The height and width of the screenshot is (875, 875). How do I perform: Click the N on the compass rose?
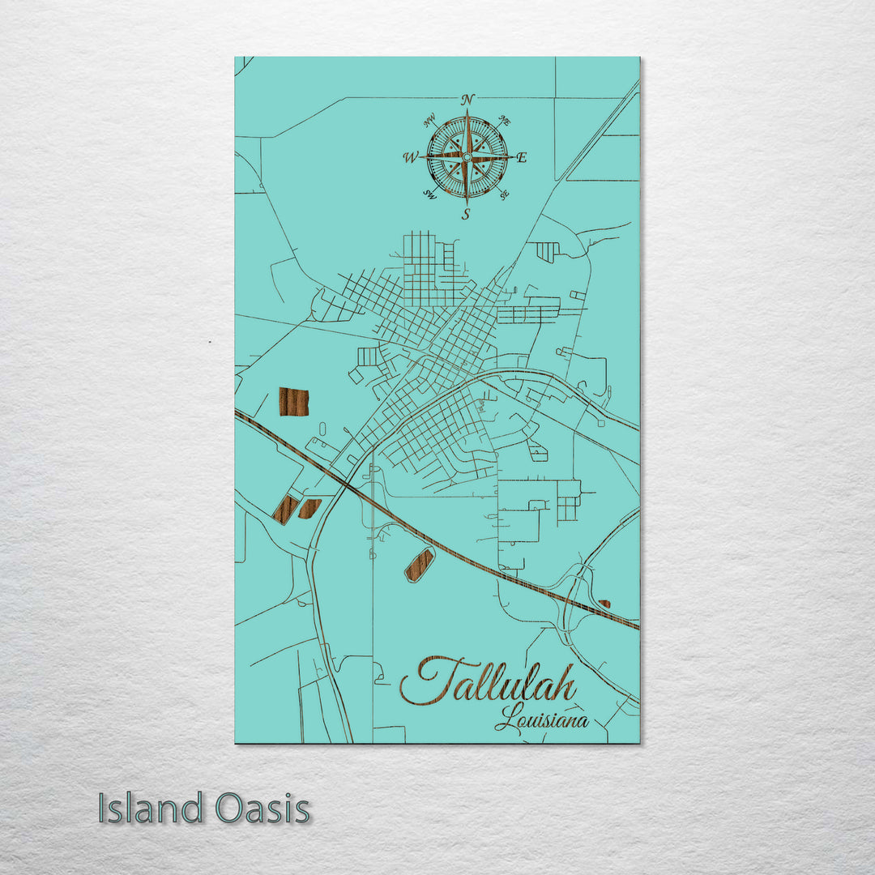point(467,100)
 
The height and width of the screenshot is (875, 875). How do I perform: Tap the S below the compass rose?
point(466,215)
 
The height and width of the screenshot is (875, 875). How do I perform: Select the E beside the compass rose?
point(522,158)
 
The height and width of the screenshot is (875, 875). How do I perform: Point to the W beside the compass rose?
point(410,157)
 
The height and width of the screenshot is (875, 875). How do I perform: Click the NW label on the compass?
point(429,123)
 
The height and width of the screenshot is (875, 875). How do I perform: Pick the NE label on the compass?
point(505,122)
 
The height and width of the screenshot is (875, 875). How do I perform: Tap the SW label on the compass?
point(430,194)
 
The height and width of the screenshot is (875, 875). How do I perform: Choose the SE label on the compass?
point(504,194)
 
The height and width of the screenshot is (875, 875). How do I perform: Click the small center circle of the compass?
point(467,157)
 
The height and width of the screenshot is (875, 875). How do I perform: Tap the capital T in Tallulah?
point(429,681)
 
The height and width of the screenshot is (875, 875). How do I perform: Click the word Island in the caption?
point(151,809)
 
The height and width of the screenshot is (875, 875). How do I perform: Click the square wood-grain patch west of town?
point(294,401)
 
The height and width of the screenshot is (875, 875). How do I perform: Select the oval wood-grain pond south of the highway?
point(420,564)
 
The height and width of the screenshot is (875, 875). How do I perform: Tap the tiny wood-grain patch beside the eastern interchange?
point(604,604)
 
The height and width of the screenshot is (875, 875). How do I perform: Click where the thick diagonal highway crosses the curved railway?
point(346,484)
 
